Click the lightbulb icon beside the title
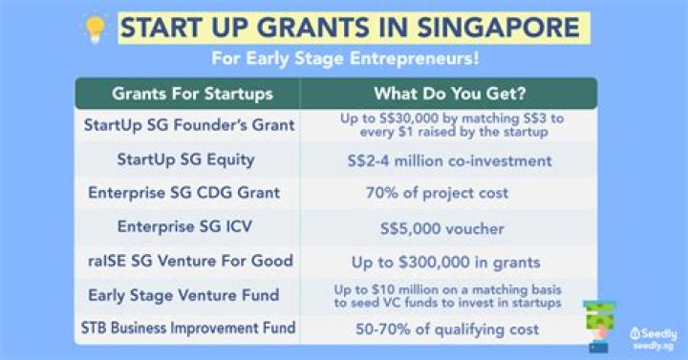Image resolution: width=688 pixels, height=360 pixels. [x=96, y=26]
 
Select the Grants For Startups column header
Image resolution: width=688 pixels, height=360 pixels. [x=192, y=94]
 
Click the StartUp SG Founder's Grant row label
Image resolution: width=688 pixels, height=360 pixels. [x=189, y=125]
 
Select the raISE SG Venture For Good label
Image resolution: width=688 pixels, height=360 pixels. [x=190, y=261]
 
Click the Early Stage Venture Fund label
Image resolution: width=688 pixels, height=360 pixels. [x=190, y=294]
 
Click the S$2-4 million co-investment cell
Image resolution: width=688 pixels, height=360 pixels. [x=450, y=159]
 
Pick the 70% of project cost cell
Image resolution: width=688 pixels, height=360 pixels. [x=450, y=193]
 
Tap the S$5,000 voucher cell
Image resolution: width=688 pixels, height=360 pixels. [x=450, y=227]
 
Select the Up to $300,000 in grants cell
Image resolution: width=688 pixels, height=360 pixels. [x=450, y=261]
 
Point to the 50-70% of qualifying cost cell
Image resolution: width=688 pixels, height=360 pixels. [x=450, y=328]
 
